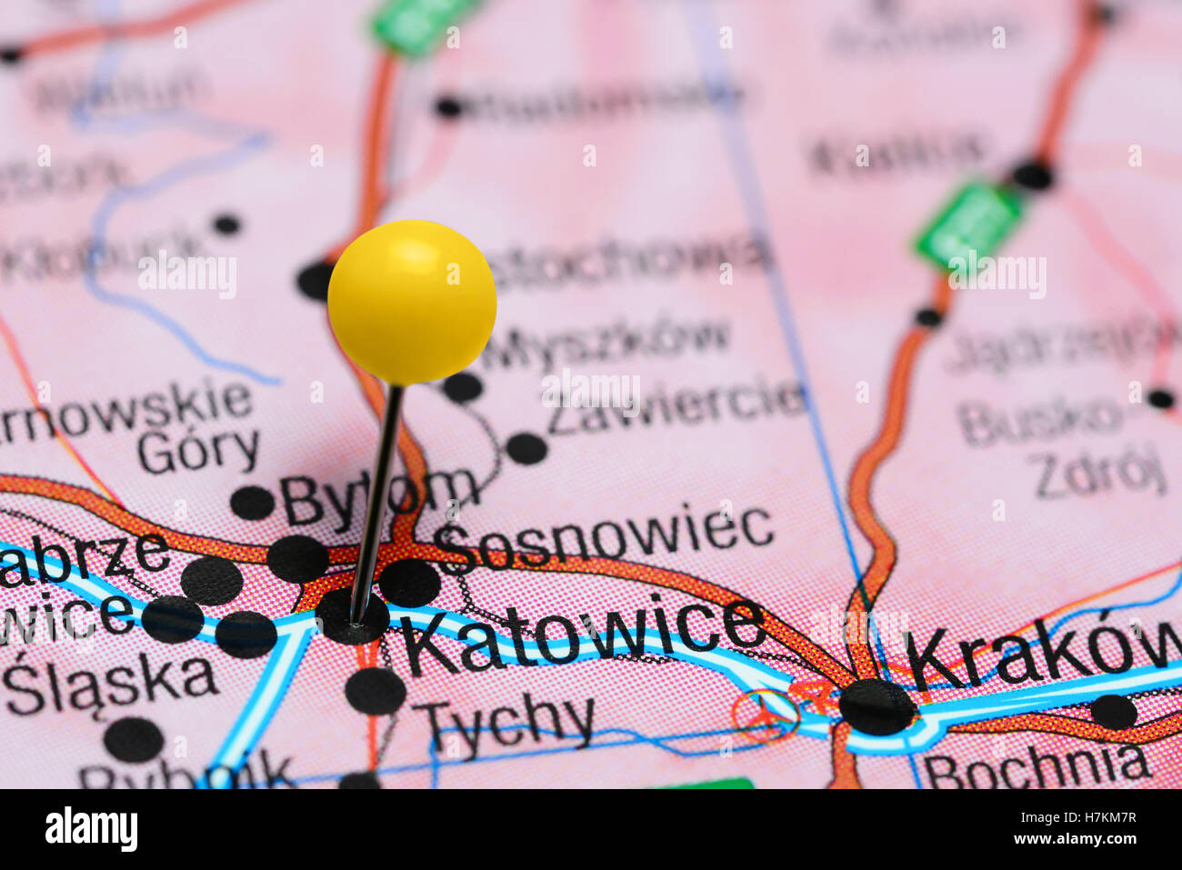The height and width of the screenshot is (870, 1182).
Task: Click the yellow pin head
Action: point(412,301)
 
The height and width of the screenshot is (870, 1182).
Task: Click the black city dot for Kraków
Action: point(876,706)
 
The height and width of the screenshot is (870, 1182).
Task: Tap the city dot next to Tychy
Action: point(375,691)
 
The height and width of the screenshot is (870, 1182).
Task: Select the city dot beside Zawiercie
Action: point(526,448)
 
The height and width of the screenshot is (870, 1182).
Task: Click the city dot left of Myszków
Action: point(462,387)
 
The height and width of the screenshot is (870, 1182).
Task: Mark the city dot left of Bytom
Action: point(252,503)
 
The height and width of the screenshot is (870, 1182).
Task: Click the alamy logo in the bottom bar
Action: point(91,829)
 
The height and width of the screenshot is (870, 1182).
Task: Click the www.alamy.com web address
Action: point(1067,839)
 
